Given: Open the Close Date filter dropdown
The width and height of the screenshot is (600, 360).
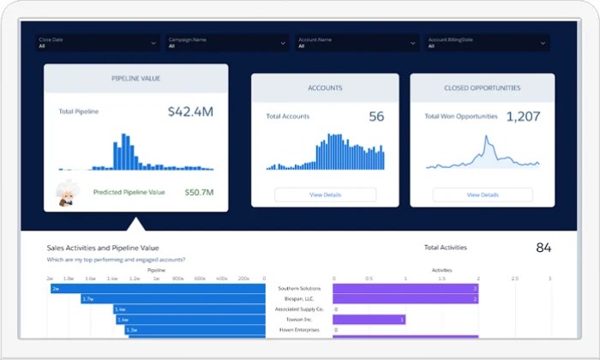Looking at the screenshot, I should pyautogui.click(x=97, y=43).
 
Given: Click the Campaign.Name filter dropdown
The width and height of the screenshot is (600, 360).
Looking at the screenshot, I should pyautogui.click(x=227, y=43).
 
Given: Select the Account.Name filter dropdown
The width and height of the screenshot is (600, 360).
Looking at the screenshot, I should pyautogui.click(x=357, y=43).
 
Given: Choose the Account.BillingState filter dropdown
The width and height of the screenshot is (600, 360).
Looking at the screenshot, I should pyautogui.click(x=488, y=43).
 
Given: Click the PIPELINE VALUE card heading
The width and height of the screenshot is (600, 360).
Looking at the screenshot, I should pyautogui.click(x=136, y=79).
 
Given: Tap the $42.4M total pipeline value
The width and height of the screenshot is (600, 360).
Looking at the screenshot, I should pyautogui.click(x=189, y=111).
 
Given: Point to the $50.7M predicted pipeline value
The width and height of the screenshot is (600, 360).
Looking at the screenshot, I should pyautogui.click(x=199, y=193).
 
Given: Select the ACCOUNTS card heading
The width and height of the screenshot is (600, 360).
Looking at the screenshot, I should pyautogui.click(x=325, y=87).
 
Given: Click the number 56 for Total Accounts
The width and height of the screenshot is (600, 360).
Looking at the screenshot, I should pyautogui.click(x=376, y=117).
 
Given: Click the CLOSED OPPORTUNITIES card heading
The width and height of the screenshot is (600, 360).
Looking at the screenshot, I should pyautogui.click(x=482, y=87).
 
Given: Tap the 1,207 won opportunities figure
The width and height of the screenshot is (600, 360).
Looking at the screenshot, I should pyautogui.click(x=523, y=117).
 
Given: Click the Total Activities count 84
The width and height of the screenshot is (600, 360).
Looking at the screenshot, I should pyautogui.click(x=543, y=248).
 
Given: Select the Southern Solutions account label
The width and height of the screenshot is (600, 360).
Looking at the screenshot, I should pyautogui.click(x=300, y=289).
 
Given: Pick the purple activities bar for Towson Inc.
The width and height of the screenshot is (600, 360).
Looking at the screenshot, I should pyautogui.click(x=369, y=320).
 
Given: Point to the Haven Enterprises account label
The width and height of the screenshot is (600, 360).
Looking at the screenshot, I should pyautogui.click(x=300, y=330).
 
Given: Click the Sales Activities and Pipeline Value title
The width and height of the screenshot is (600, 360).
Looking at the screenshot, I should pyautogui.click(x=103, y=248).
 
